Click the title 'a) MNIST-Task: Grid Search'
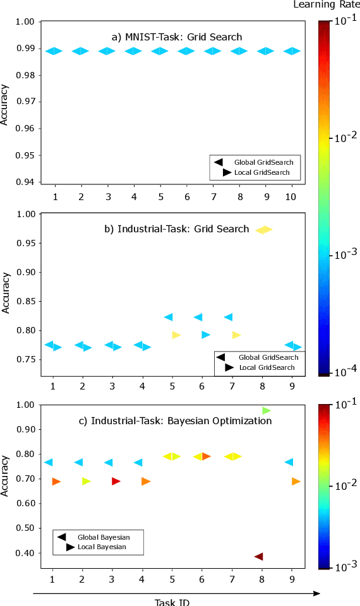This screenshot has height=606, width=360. (x=176, y=37)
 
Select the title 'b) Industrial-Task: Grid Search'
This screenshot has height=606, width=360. (x=177, y=229)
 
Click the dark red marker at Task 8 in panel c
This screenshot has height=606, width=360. (x=258, y=556)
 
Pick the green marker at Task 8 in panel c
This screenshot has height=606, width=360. (x=266, y=410)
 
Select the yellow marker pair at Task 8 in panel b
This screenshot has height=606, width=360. (x=263, y=230)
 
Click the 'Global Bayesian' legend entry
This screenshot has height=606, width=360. (x=99, y=537)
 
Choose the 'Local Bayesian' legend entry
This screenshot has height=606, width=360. (x=101, y=547)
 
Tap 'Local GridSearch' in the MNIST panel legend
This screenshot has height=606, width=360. (x=261, y=172)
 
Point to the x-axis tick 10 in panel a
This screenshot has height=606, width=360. (x=292, y=197)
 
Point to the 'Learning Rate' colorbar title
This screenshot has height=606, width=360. (x=326, y=5)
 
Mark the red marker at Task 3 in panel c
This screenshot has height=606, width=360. (x=116, y=481)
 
